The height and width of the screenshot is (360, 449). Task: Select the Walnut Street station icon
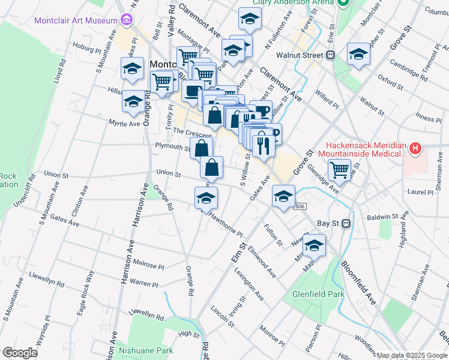(x=330, y=55)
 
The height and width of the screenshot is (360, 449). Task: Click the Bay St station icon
(x=345, y=223)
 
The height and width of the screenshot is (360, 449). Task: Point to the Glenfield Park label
(x=318, y=295)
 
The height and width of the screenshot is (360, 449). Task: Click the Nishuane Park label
(x=146, y=351)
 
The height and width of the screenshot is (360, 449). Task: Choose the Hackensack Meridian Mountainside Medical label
(x=367, y=150)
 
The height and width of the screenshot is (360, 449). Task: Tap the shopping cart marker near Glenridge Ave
(x=340, y=170)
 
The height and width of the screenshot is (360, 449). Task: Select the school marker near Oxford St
(x=359, y=56)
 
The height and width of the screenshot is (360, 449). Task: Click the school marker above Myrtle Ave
(x=133, y=101)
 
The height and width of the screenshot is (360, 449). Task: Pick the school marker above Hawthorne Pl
(x=206, y=198)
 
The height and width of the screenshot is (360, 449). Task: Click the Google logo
(x=20, y=353)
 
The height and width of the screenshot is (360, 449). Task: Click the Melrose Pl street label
(x=148, y=265)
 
